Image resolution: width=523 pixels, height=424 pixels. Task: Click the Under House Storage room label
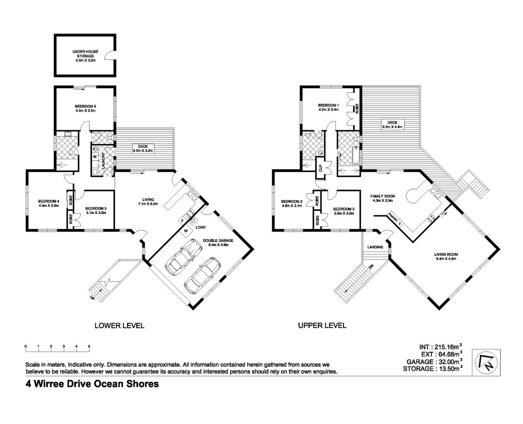click(85, 56)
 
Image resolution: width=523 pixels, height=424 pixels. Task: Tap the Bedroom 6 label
click(85, 108)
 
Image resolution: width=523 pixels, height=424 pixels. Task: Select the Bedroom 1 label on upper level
click(328, 107)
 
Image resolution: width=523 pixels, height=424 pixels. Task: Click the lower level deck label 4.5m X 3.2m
click(142, 148)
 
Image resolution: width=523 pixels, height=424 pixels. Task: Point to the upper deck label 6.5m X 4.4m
click(392, 125)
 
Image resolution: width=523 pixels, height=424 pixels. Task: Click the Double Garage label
click(218, 242)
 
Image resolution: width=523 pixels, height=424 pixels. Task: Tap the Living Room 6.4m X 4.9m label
click(446, 256)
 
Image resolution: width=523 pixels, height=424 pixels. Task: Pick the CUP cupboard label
click(321, 169)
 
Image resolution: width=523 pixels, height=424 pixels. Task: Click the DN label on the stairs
click(371, 266)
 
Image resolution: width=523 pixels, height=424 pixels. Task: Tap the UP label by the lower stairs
click(92, 298)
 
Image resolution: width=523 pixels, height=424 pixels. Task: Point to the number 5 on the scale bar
click(89, 346)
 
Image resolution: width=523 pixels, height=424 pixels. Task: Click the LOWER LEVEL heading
click(120, 326)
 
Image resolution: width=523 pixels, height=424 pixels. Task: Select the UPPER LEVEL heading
click(322, 325)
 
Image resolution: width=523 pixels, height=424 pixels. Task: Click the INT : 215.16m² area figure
click(441, 347)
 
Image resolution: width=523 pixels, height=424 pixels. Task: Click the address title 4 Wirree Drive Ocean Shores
click(92, 384)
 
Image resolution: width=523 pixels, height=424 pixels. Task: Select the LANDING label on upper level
click(375, 247)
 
